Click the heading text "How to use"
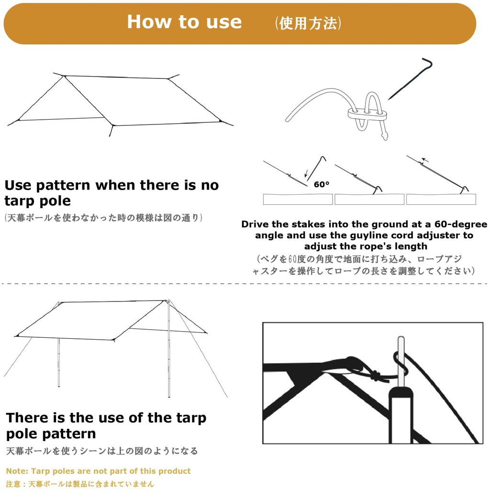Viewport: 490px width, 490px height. [x=184, y=22]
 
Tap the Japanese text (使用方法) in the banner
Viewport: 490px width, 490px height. [x=308, y=23]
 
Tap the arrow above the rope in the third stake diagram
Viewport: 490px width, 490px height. [x=425, y=160]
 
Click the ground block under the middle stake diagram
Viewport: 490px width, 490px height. [x=369, y=199]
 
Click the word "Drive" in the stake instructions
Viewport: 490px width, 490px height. [x=257, y=224]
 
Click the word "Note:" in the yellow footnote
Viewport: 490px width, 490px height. [x=17, y=471]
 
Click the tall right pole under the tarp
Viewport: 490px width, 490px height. [x=169, y=354]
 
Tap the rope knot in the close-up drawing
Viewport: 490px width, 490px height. [x=379, y=376]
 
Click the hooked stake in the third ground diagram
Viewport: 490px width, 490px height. [x=463, y=189]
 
